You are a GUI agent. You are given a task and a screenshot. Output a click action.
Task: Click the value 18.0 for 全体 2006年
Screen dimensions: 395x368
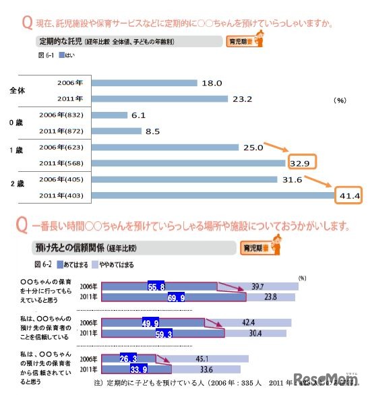pyautogui.click(x=212, y=83)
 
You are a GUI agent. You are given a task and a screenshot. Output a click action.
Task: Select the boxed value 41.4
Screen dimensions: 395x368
pyautogui.click(x=350, y=195)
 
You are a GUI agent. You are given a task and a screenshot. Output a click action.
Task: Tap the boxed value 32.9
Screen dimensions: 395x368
pyautogui.click(x=301, y=162)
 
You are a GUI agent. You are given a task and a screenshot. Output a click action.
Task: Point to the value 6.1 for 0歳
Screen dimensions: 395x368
pyautogui.click(x=138, y=115)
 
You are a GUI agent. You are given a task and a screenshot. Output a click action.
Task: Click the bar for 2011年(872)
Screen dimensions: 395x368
pyautogui.click(x=117, y=131)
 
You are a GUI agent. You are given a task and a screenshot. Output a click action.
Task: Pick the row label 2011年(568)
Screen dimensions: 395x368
pyautogui.click(x=62, y=162)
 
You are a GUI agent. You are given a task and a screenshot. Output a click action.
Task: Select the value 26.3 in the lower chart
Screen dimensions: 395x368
pyautogui.click(x=129, y=358)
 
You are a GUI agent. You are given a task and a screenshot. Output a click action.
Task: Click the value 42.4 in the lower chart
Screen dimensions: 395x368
pyautogui.click(x=258, y=322)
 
